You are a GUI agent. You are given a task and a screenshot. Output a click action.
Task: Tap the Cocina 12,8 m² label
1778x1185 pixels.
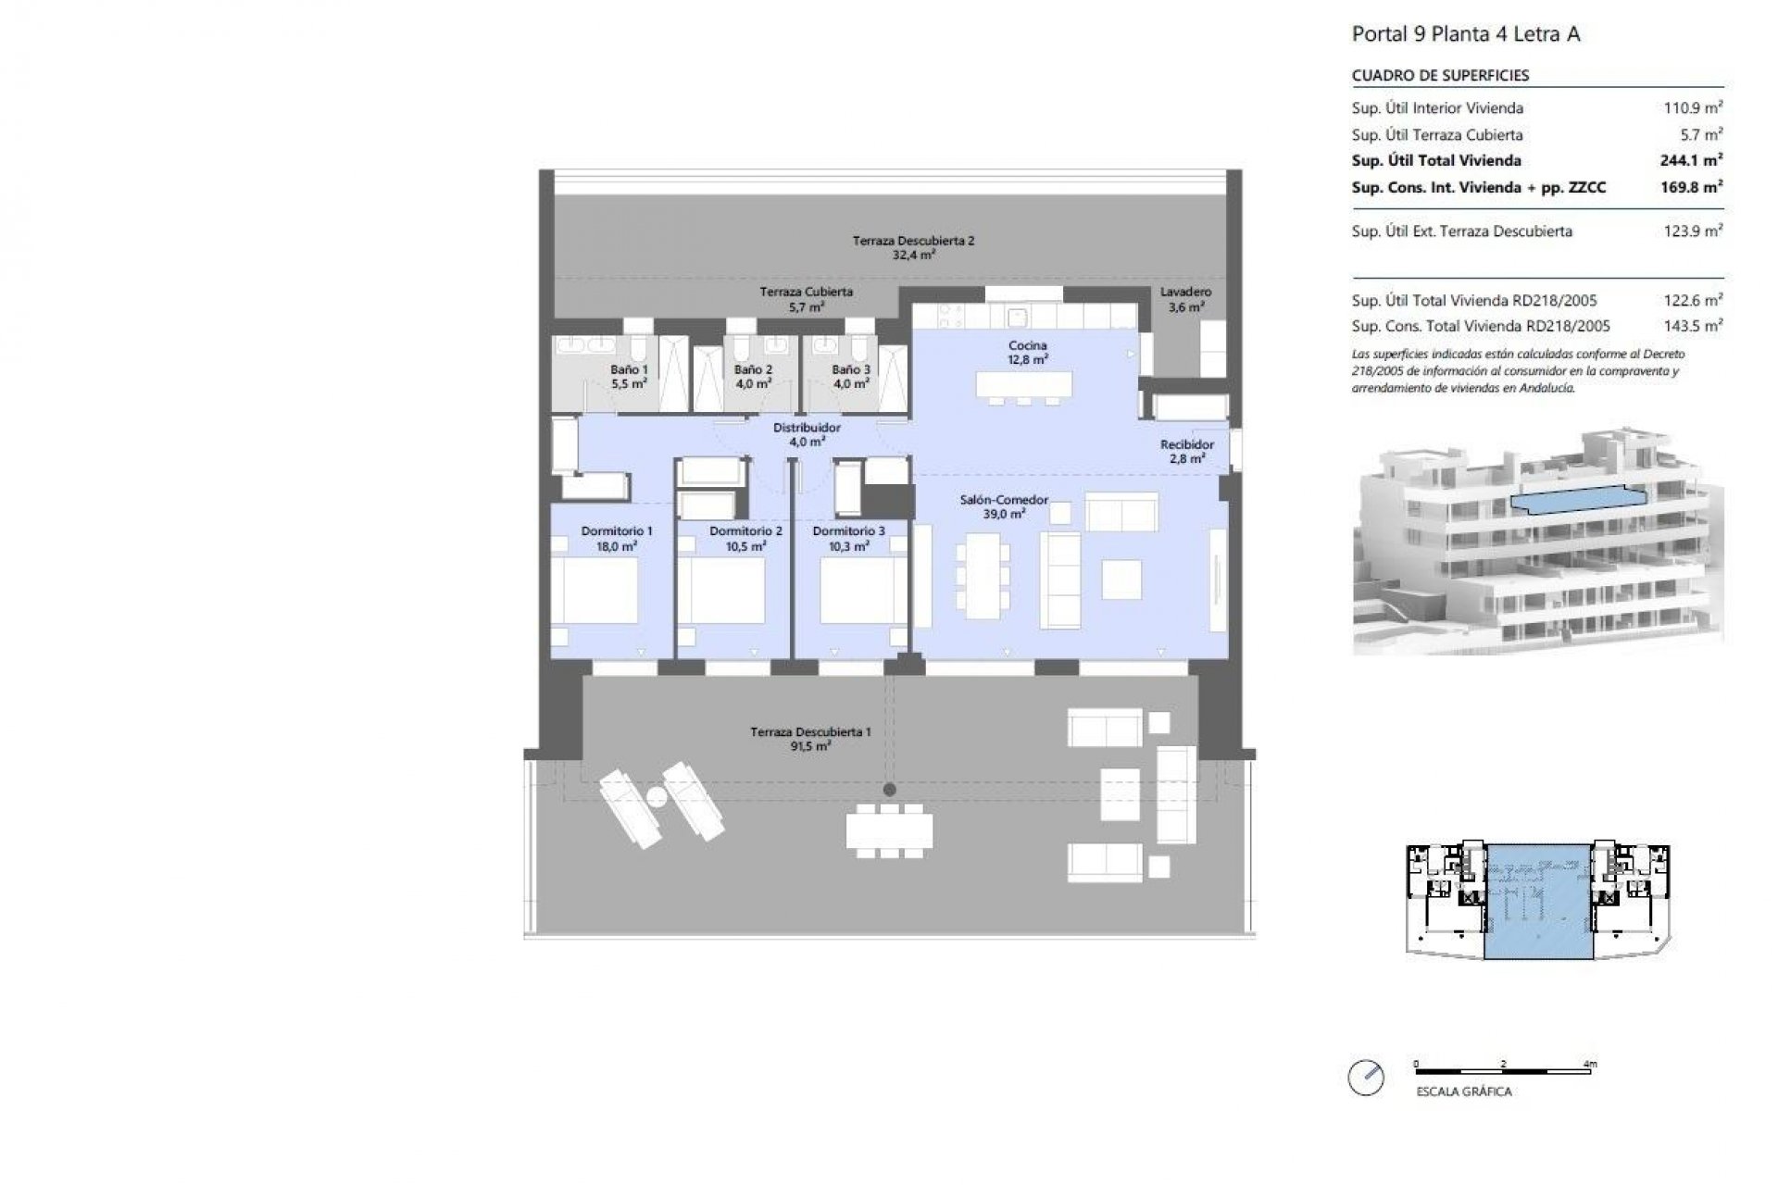[1028, 352]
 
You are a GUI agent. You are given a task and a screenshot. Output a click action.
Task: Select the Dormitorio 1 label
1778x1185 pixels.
[617, 538]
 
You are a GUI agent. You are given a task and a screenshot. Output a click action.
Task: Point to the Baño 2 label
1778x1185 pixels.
[753, 376]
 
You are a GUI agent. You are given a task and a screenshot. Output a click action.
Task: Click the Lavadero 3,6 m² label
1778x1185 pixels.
[1185, 299]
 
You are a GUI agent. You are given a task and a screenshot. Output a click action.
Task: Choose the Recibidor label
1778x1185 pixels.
[1186, 451]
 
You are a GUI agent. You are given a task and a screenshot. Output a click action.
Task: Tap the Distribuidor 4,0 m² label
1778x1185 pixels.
[807, 434]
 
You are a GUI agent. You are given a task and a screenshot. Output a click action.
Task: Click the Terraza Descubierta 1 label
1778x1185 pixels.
[810, 738]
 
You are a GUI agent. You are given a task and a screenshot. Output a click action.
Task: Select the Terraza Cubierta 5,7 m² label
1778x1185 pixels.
[806, 298]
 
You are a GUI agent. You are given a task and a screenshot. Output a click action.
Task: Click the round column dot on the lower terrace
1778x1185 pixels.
[889, 790]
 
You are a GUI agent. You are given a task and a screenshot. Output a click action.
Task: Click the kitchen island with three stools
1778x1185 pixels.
[1023, 384]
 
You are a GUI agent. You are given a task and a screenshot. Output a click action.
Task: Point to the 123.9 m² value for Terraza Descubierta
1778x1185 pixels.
[1693, 231]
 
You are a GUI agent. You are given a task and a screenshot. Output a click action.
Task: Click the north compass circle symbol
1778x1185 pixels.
[1367, 1078]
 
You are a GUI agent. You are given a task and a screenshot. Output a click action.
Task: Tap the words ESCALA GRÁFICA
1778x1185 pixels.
[1463, 1091]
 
